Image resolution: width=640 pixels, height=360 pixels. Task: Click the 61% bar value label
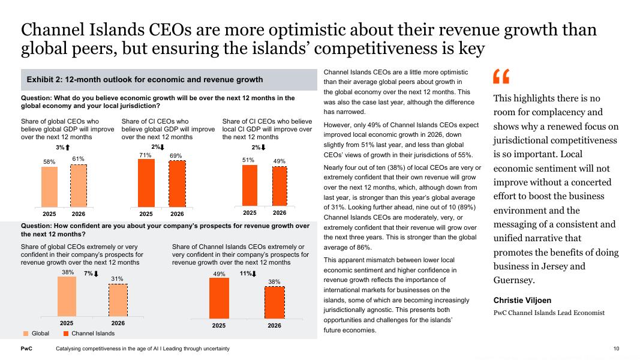click(x=79, y=158)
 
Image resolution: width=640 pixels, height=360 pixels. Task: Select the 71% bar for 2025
click(x=146, y=183)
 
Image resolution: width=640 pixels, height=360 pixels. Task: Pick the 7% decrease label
click(x=91, y=274)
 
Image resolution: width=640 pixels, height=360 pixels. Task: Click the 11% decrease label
click(x=247, y=274)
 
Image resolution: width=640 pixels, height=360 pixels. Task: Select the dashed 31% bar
click(x=118, y=299)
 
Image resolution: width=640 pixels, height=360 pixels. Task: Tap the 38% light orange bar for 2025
click(x=67, y=296)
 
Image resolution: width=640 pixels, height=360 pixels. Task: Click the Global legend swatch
click(x=26, y=334)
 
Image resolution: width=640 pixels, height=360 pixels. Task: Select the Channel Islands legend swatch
click(x=66, y=334)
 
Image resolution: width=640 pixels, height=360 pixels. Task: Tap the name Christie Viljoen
click(x=522, y=300)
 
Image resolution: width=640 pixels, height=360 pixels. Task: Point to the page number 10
click(x=616, y=349)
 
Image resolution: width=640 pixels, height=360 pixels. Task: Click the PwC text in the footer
click(x=26, y=349)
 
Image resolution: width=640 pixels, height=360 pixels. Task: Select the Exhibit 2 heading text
click(x=145, y=80)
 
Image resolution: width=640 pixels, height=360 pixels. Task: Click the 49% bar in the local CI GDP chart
click(x=280, y=185)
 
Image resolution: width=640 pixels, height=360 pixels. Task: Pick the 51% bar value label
click(x=249, y=160)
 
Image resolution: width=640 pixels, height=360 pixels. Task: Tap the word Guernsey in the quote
click(x=513, y=280)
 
